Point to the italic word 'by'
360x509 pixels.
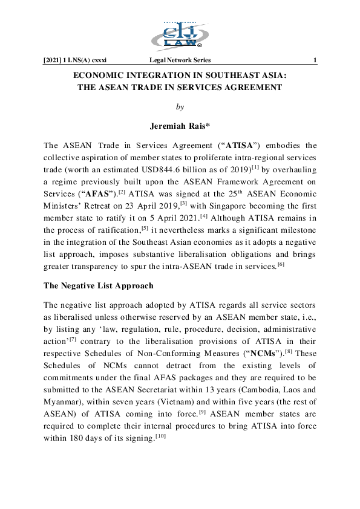pyautogui.click(x=180, y=107)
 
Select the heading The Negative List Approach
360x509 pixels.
pyautogui.click(x=99, y=285)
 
